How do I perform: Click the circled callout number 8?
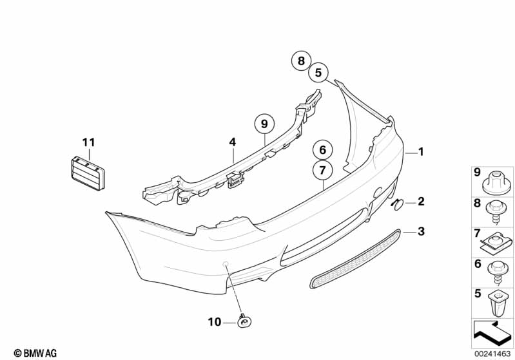300,61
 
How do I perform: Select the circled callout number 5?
318,73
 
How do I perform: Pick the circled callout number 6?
322,151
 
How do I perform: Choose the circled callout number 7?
322,171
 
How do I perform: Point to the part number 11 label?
88,142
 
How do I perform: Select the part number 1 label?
421,152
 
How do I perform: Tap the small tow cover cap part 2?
397,204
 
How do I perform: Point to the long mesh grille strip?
357,258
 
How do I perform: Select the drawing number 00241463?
492,352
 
